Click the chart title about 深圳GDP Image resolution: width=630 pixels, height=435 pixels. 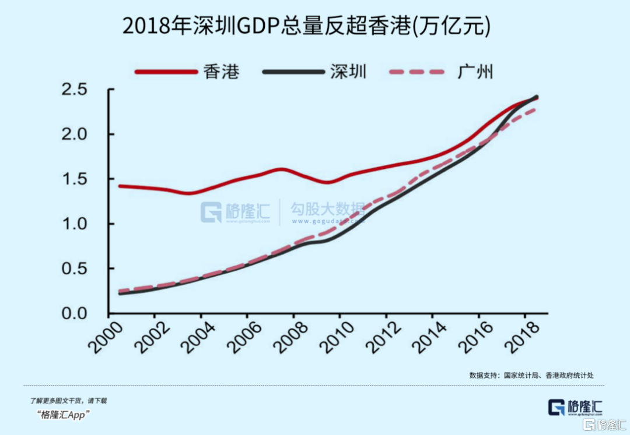[306, 27]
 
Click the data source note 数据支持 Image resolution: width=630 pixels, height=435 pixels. [531, 375]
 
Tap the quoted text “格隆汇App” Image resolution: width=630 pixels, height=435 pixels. [64, 415]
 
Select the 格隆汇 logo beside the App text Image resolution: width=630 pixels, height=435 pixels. [575, 407]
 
